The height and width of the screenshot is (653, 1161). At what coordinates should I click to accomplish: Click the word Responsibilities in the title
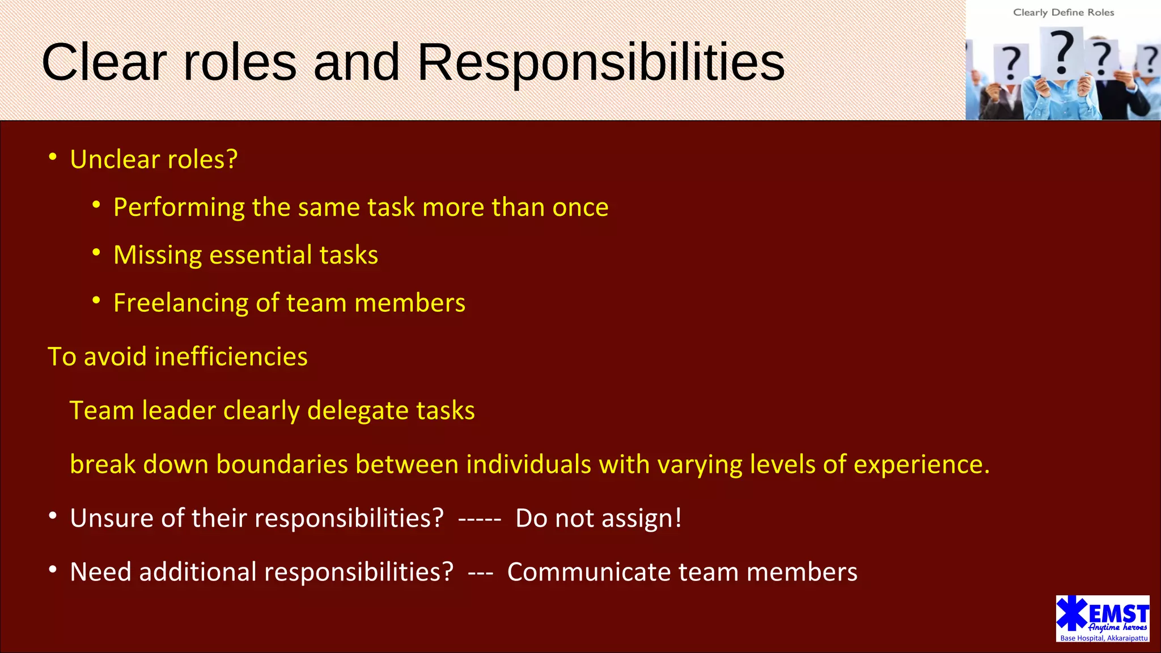tap(601, 62)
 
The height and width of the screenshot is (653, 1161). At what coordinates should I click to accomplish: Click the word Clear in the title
tap(104, 62)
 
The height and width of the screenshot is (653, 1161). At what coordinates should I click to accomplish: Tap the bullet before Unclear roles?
tap(53, 157)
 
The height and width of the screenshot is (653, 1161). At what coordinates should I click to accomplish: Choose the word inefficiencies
tap(231, 357)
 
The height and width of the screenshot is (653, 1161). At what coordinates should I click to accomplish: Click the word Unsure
tap(112, 519)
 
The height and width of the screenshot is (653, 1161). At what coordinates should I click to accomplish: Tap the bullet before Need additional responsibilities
tap(53, 570)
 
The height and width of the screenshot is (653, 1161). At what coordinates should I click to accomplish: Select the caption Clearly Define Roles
tap(1063, 12)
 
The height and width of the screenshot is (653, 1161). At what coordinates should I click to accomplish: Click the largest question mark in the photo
tap(1062, 52)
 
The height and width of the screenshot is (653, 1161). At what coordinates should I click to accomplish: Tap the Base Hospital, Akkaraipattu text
tap(1104, 638)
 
